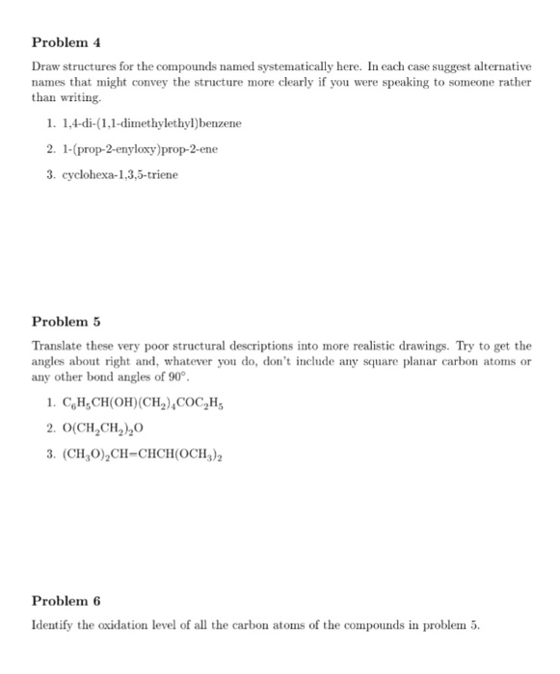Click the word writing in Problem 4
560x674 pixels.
click(81, 98)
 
